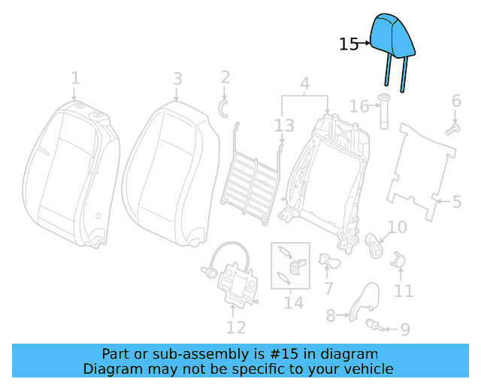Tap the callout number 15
point(349,44)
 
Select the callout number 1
point(75,78)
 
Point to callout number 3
point(177,78)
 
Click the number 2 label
point(225,77)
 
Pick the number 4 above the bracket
point(304,83)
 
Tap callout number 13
point(284,126)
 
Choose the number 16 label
point(359,108)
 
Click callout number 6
point(455,102)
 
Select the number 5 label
point(456,202)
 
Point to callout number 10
point(397,227)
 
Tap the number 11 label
point(404,290)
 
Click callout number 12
point(236,327)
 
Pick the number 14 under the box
point(293,302)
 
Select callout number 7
point(328,289)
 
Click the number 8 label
point(331,317)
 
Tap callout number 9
point(404,329)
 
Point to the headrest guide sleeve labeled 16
point(383,114)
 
